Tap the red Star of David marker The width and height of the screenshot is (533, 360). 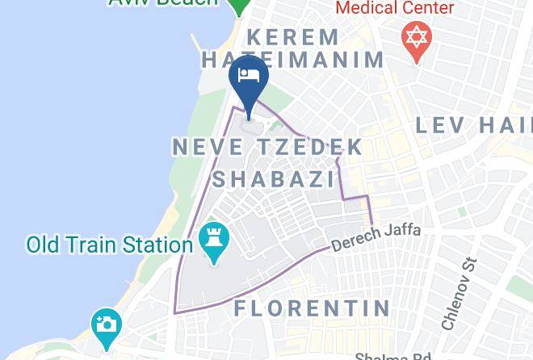click(x=416, y=38)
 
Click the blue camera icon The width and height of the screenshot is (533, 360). click(x=106, y=324)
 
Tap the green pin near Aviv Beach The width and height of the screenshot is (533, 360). click(x=238, y=5)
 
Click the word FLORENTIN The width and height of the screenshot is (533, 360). click(x=312, y=308)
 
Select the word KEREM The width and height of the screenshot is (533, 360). click(x=294, y=37)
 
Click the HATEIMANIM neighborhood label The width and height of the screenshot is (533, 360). click(x=292, y=59)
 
